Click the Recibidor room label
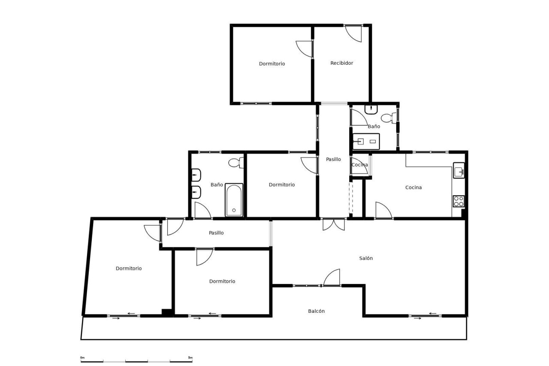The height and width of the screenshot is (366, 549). click(342, 63)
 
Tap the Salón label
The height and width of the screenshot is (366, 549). click(366, 258)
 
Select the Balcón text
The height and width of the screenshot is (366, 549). click(317, 311)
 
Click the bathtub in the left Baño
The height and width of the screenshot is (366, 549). click(234, 200)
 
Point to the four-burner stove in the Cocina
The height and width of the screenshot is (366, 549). click(459, 201)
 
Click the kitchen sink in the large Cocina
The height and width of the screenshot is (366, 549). click(459, 170)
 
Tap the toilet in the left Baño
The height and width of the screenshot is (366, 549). click(236, 163)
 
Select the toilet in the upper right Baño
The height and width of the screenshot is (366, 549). click(389, 118)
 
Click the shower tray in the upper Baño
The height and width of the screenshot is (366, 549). click(366, 142)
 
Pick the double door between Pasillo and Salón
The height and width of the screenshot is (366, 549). click(334, 224)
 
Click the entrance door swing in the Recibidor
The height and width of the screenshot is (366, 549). click(353, 33)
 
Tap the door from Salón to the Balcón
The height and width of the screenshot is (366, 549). click(332, 277)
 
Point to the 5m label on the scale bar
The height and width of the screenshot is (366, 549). click(190, 358)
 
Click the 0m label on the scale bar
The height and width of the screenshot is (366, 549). click(82, 358)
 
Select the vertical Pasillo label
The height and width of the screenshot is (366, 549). click(333, 159)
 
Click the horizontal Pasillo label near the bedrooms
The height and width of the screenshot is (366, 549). click(216, 233)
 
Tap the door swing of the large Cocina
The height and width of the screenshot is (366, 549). click(384, 210)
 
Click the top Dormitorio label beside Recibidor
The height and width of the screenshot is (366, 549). click(272, 64)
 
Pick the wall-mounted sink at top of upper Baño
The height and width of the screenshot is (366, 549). click(371, 109)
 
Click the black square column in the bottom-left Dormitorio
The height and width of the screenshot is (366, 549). click(167, 312)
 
